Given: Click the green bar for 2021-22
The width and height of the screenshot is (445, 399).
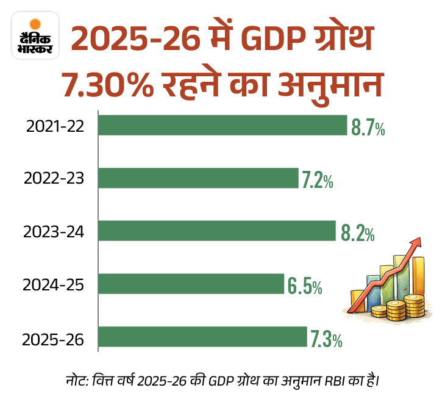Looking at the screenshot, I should (x=222, y=126).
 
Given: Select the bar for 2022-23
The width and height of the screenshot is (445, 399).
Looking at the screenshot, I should (x=198, y=178).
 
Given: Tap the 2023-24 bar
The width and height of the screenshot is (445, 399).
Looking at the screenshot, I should (x=217, y=231).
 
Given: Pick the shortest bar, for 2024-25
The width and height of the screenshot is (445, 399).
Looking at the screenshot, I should (x=191, y=284).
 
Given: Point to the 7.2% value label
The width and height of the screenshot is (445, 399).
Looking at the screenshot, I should (x=318, y=179).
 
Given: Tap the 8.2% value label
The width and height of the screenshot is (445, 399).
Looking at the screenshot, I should (x=356, y=232).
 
